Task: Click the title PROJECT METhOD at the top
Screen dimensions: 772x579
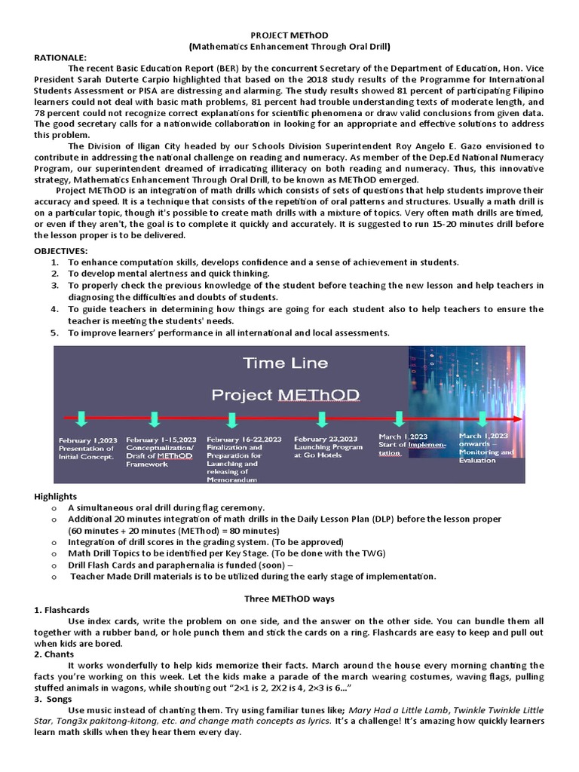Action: (x=289, y=35)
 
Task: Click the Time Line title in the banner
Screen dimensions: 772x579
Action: (x=286, y=363)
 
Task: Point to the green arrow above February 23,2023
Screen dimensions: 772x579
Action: (x=323, y=418)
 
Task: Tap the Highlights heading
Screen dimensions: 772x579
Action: (x=56, y=497)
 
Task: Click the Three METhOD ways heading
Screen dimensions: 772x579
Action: (x=289, y=599)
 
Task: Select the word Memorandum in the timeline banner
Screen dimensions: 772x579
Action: (x=234, y=479)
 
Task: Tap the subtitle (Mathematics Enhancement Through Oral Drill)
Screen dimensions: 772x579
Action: (x=289, y=46)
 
